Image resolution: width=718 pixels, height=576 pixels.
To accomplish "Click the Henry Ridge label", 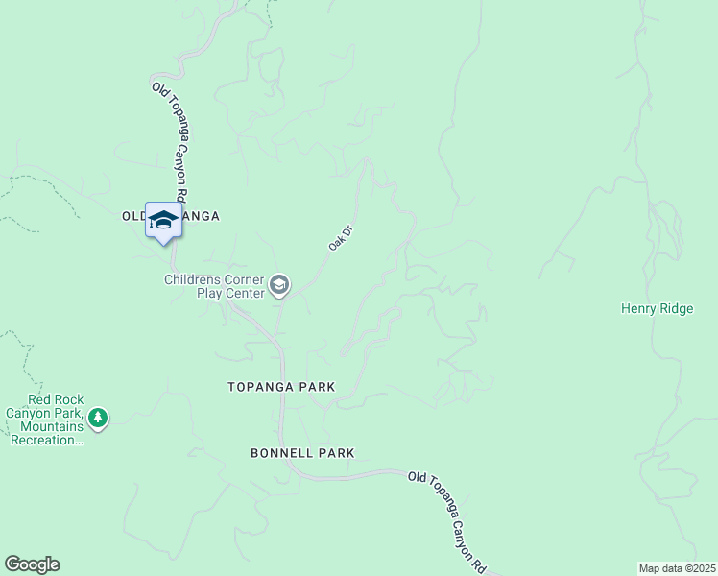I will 657,308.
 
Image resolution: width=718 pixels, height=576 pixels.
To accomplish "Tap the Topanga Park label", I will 281,387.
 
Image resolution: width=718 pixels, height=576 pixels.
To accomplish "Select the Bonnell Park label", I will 302,452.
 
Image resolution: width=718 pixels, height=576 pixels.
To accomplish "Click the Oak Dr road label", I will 336,239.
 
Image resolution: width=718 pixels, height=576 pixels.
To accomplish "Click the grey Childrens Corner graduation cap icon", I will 279,284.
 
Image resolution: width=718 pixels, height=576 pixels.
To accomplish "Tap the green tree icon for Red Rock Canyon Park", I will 97,418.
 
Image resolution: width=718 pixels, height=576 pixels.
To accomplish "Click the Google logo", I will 32,564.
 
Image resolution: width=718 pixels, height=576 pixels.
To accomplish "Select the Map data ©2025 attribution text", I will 677,568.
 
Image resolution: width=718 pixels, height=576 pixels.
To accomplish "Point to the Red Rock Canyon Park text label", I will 45,420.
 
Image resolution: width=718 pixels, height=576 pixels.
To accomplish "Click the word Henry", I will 639,308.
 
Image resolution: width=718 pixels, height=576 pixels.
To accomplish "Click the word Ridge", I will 677,308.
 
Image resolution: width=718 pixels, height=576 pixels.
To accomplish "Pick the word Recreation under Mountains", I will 44,440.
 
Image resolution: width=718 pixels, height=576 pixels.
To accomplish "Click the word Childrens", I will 192,279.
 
